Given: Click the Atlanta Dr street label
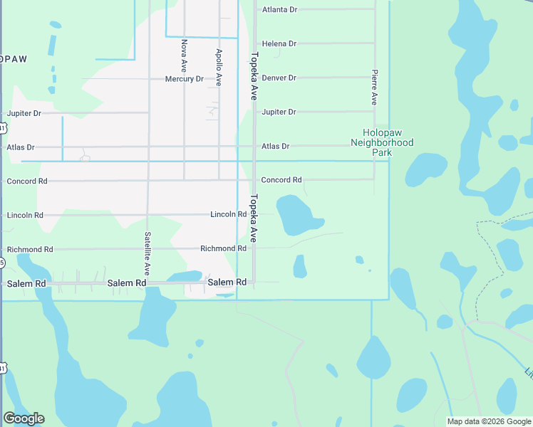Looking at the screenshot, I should click(x=279, y=10).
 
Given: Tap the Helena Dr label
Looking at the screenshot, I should click(x=279, y=43).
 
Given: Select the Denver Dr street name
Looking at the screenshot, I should click(x=279, y=78).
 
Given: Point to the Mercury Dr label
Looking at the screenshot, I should click(x=184, y=79).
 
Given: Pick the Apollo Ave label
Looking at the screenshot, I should click(x=219, y=68).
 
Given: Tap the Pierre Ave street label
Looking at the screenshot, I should click(x=373, y=88).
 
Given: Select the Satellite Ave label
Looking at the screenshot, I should click(x=148, y=254).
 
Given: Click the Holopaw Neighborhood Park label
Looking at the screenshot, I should click(x=382, y=142).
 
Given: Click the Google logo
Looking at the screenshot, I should click(x=24, y=418).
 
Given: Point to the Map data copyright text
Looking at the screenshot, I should click(x=489, y=421).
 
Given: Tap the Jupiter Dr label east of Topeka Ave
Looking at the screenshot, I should click(x=279, y=112).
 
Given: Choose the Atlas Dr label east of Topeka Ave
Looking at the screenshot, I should click(x=275, y=146).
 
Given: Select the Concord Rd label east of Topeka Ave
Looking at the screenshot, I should click(x=281, y=180).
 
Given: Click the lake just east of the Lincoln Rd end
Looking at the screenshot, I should click(x=294, y=215).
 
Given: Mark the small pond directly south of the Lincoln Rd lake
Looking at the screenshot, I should click(x=300, y=266).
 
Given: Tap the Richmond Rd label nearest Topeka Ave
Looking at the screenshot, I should click(x=223, y=248).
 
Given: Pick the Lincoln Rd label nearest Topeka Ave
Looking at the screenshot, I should click(x=228, y=214).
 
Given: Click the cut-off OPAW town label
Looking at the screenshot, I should click(x=14, y=59).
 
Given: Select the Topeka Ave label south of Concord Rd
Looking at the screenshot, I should click(x=253, y=218).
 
